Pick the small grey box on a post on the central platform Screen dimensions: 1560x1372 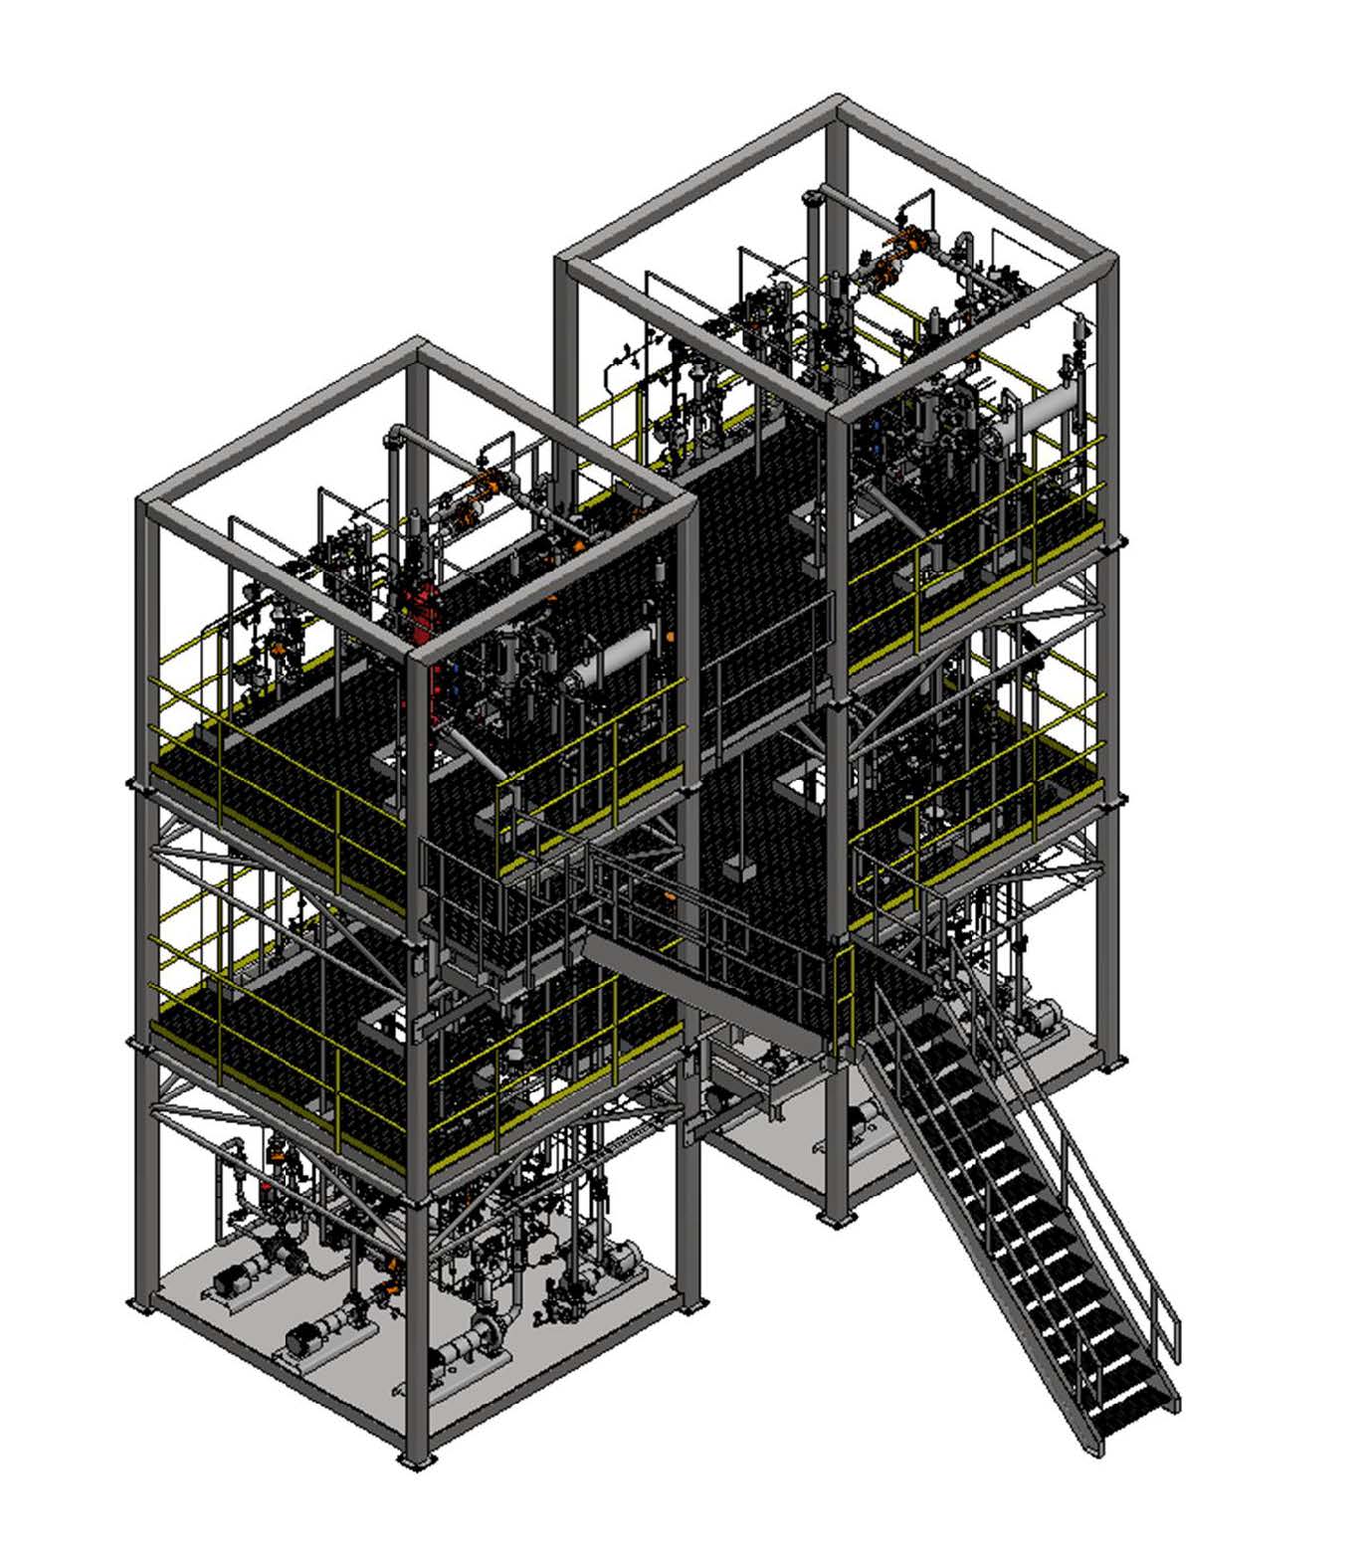click(738, 869)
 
